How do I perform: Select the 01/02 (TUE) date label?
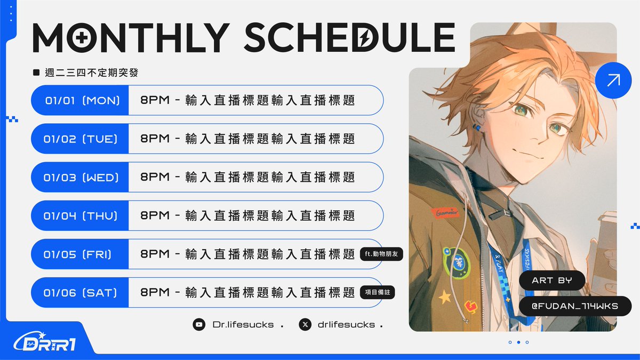81,139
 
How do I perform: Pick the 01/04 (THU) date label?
81,215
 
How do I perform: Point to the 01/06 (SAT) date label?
81,292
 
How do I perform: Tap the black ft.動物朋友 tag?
381,254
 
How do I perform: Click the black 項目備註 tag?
378,292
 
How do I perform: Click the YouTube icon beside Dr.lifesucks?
199,324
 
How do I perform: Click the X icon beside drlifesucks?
305,324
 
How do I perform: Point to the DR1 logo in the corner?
45,342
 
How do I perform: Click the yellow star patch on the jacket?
444,297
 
